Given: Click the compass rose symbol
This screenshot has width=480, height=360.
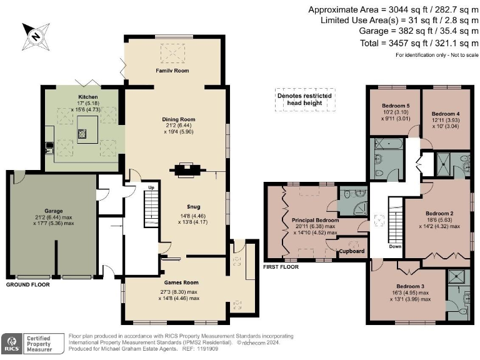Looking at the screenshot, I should click(x=35, y=36).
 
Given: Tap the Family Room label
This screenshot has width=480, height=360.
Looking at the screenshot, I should click(x=172, y=71).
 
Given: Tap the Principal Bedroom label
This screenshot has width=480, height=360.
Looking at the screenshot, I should click(x=315, y=221).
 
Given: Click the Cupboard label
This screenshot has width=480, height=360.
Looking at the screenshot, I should click(x=352, y=251).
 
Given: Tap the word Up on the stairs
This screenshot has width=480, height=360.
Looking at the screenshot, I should click(x=150, y=187).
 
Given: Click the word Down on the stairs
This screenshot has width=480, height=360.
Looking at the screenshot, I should click(x=394, y=246).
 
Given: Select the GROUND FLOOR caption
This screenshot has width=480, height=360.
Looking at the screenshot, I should click(x=28, y=284).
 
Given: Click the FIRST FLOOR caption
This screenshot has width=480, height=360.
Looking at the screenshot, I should click(x=281, y=266).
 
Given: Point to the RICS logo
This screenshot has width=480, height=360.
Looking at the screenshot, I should click(x=11, y=342).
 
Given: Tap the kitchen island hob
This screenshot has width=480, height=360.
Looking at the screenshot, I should click(x=82, y=133).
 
